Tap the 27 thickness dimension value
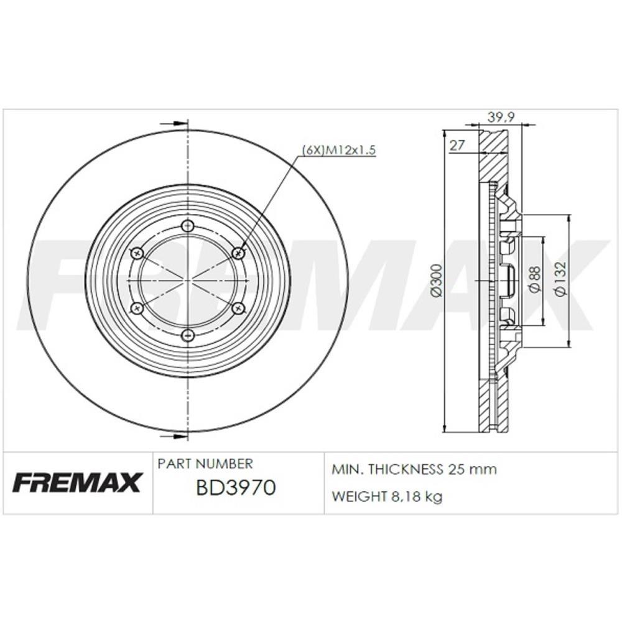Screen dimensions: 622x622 click(457, 145)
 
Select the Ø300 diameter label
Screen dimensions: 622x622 click(437, 281)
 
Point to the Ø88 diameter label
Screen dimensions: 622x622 click(534, 280)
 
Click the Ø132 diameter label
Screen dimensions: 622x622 click(562, 281)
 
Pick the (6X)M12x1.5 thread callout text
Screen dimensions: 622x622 click(340, 150)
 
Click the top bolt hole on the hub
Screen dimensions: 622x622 click(188, 226)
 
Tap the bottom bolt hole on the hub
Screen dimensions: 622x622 click(188, 336)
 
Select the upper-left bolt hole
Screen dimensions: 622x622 click(138, 253)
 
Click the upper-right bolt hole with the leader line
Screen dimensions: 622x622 click(237, 253)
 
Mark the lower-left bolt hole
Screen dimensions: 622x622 click(138, 309)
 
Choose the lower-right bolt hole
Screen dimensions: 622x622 click(237, 309)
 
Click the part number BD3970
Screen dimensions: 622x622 click(236, 488)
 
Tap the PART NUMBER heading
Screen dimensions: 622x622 click(205, 464)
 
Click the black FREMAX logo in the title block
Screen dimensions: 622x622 click(78, 483)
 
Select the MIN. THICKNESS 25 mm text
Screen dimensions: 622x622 click(414, 470)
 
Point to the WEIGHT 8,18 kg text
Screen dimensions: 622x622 click(387, 497)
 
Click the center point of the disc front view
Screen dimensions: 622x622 click(188, 281)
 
